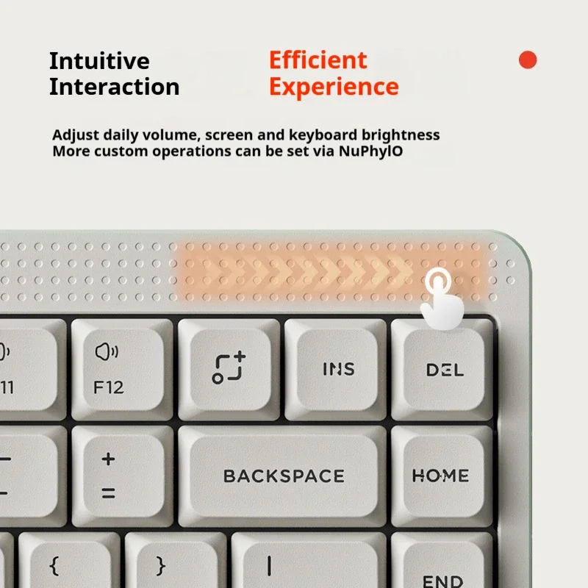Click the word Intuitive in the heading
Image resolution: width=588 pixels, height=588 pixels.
point(99,60)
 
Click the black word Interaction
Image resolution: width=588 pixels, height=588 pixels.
point(114,87)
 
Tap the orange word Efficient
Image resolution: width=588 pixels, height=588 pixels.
point(318,60)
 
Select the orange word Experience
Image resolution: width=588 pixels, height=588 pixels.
point(334,87)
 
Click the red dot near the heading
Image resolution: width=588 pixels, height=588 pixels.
point(528,60)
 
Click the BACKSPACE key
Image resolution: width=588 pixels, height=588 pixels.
point(284,476)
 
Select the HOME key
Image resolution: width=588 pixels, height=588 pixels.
point(440,476)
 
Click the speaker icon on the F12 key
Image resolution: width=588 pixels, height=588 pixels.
point(106,351)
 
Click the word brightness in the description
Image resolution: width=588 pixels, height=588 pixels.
point(404,135)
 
